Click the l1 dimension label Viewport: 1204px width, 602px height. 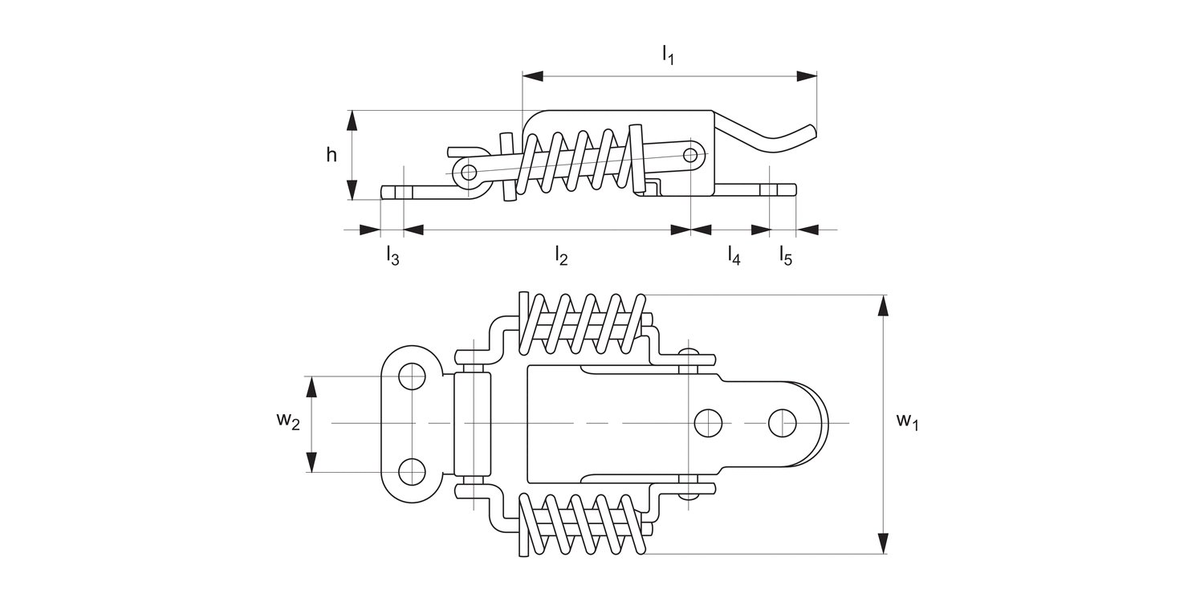[x=668, y=55]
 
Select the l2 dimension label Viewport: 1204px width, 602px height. [x=561, y=255]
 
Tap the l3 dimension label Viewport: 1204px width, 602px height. [x=392, y=255]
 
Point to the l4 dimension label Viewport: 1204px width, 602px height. [x=734, y=255]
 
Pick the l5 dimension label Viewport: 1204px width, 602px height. [x=785, y=255]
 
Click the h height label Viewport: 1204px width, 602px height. [x=332, y=155]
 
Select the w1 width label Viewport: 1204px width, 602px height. [x=907, y=421]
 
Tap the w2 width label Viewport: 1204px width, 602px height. [x=288, y=421]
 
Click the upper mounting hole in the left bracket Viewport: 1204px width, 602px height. [x=412, y=376]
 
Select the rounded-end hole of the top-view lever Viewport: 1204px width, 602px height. [x=782, y=423]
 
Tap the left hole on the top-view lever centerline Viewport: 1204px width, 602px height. [x=708, y=423]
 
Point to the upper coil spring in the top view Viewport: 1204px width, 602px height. [x=583, y=323]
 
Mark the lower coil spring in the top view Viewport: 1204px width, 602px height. [x=583, y=524]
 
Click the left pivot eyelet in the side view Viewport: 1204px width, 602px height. [x=469, y=172]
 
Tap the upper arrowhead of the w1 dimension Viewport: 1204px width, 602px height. [x=884, y=306]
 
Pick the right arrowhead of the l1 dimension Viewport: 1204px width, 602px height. [x=806, y=76]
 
